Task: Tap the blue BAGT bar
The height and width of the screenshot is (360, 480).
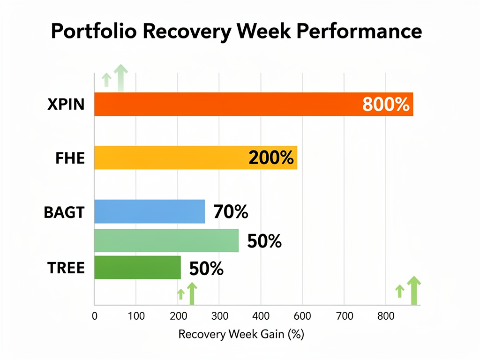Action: click(x=150, y=211)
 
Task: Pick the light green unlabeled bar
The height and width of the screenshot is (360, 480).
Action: click(x=166, y=241)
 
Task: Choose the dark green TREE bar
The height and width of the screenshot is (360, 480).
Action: click(x=137, y=267)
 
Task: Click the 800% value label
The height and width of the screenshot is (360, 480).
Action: click(x=386, y=105)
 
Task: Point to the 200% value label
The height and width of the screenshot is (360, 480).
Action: click(x=271, y=158)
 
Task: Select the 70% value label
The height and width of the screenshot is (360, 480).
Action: click(x=231, y=212)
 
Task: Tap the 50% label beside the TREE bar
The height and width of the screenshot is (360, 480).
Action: click(x=206, y=269)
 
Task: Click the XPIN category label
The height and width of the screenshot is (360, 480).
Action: click(x=66, y=105)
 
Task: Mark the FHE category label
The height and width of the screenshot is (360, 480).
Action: click(x=70, y=158)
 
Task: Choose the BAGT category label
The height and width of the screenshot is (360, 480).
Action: click(x=64, y=212)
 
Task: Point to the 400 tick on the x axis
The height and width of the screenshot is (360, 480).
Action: click(x=261, y=316)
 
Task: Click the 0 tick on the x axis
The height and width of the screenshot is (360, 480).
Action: click(x=95, y=316)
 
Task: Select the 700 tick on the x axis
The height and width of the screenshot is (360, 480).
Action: click(x=344, y=316)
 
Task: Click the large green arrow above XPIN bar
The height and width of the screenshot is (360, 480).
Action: click(x=121, y=77)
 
